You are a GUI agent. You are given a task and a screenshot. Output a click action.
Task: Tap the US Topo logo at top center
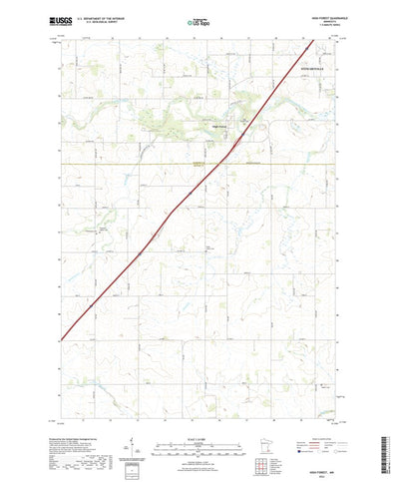(199, 20)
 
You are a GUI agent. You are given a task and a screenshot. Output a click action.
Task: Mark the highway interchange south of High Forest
(230, 152)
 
